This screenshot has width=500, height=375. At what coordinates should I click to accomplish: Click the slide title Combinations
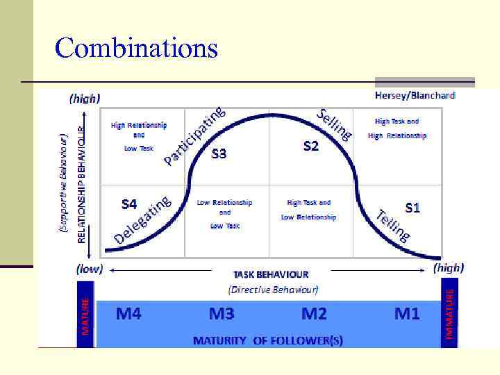[136, 49]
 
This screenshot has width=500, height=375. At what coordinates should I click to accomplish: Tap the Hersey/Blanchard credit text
[415, 95]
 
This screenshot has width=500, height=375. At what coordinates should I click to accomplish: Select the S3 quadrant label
[218, 153]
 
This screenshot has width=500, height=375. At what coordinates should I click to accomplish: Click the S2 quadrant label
[311, 146]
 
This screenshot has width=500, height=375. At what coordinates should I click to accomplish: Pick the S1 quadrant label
[413, 208]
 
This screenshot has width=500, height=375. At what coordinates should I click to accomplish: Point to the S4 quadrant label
[130, 204]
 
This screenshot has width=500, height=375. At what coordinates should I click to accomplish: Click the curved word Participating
[194, 136]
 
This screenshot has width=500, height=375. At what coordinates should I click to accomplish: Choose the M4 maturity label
[128, 314]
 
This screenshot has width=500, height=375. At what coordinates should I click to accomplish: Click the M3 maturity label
[222, 314]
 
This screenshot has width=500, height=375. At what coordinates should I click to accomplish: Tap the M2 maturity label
[314, 314]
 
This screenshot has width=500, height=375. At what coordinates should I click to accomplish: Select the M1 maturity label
[407, 314]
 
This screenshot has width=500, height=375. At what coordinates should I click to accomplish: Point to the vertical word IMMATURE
[450, 315]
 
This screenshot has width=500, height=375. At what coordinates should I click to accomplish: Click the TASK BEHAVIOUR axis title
[271, 274]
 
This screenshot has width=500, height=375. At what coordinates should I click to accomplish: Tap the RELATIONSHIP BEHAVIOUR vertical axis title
[81, 183]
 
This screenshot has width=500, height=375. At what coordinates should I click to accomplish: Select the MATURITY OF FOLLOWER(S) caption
[267, 340]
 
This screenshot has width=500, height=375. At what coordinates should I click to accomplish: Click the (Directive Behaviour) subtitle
[273, 288]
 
